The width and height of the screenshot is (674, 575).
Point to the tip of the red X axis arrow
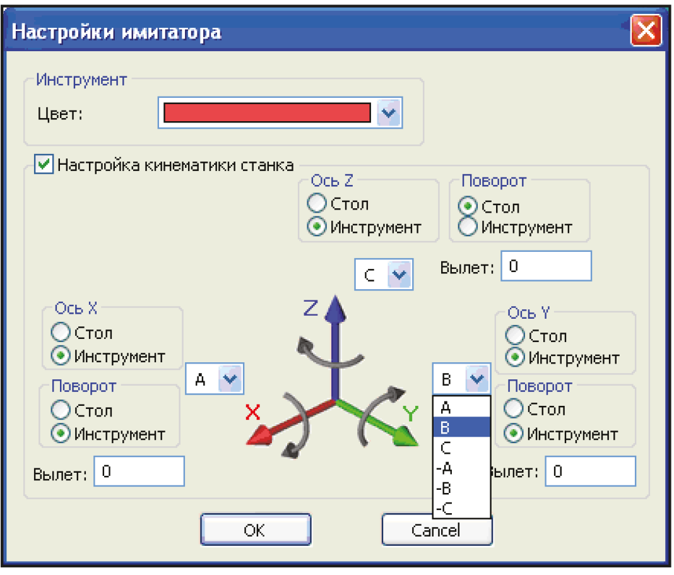(x=247, y=443)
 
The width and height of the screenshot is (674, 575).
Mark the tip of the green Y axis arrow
(x=418, y=445)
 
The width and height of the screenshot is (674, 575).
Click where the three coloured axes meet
(x=335, y=401)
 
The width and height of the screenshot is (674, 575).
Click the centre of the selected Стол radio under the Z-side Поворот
(x=468, y=206)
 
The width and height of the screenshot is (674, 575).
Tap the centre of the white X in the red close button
(x=646, y=30)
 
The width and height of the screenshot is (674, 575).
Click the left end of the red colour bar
(x=164, y=113)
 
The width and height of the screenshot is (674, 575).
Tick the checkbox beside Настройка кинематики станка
(x=44, y=164)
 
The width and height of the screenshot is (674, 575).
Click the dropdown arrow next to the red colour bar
(x=389, y=113)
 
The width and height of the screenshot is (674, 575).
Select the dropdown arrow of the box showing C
(x=399, y=275)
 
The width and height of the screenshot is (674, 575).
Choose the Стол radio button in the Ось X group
(x=60, y=332)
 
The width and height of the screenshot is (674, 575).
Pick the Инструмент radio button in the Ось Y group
(x=514, y=357)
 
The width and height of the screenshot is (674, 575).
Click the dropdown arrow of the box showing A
(x=230, y=379)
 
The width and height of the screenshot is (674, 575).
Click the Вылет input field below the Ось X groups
(x=139, y=471)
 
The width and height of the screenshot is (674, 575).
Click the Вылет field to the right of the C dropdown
(x=547, y=266)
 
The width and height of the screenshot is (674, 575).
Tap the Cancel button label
(x=435, y=530)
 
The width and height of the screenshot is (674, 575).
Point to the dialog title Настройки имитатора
(x=117, y=32)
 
